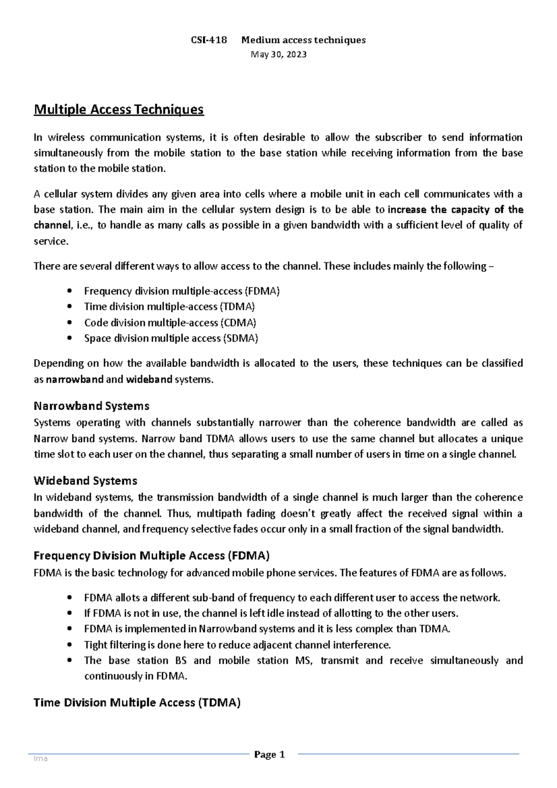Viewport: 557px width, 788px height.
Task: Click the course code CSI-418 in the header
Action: tap(209, 40)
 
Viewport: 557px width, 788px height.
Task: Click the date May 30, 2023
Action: tap(278, 54)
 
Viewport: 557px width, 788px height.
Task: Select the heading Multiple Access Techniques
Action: tap(119, 110)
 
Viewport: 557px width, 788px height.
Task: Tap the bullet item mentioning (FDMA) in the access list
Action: tap(181, 291)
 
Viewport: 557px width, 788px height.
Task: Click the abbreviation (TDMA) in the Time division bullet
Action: tap(238, 307)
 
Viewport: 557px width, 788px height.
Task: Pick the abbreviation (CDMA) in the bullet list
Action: tap(238, 323)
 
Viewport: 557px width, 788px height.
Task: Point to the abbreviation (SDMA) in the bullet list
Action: tap(240, 338)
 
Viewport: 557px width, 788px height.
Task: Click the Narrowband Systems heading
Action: tap(91, 406)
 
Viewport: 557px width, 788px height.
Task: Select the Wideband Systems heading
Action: tap(85, 481)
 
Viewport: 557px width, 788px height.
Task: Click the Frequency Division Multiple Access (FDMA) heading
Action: tap(151, 555)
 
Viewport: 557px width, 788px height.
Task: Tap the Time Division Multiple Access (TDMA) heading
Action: tap(137, 703)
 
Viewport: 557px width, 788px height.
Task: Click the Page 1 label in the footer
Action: tap(269, 755)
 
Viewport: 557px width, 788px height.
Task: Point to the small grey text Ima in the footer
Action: tap(40, 759)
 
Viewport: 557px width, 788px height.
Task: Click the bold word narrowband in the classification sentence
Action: tap(75, 380)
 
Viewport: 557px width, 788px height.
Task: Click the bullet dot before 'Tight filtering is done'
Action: tap(70, 645)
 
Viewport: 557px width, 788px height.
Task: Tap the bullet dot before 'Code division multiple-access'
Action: tap(70, 323)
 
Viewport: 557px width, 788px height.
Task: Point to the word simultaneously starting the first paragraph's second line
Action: tap(68, 153)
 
